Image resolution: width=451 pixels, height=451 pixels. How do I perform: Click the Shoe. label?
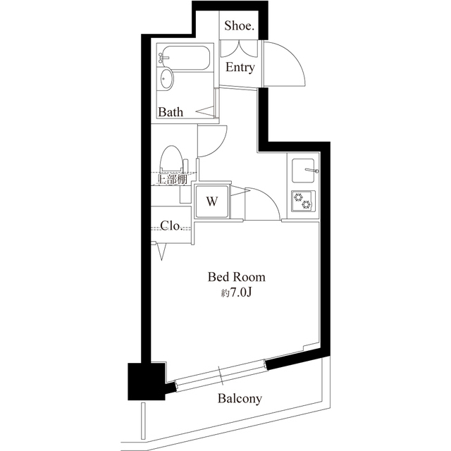(239, 25)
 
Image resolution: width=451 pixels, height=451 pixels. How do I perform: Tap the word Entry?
(240, 68)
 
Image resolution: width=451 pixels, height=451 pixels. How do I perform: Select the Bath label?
(171, 112)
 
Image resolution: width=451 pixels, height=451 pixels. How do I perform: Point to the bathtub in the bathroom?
(185, 58)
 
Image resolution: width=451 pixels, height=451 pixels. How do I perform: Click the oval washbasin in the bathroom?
(166, 78)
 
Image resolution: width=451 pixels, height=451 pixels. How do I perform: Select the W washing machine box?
(212, 202)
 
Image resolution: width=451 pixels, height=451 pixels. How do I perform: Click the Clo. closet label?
(171, 225)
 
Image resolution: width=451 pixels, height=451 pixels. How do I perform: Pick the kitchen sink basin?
(303, 171)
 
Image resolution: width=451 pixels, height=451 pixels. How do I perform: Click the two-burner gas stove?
(303, 201)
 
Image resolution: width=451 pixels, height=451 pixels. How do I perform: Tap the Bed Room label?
(237, 277)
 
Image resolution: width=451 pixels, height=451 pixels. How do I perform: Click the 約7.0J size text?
(237, 293)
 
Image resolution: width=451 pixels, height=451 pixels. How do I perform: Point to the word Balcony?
(240, 399)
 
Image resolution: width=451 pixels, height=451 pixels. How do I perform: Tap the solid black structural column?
(147, 381)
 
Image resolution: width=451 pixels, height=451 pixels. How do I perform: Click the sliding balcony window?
(221, 376)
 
